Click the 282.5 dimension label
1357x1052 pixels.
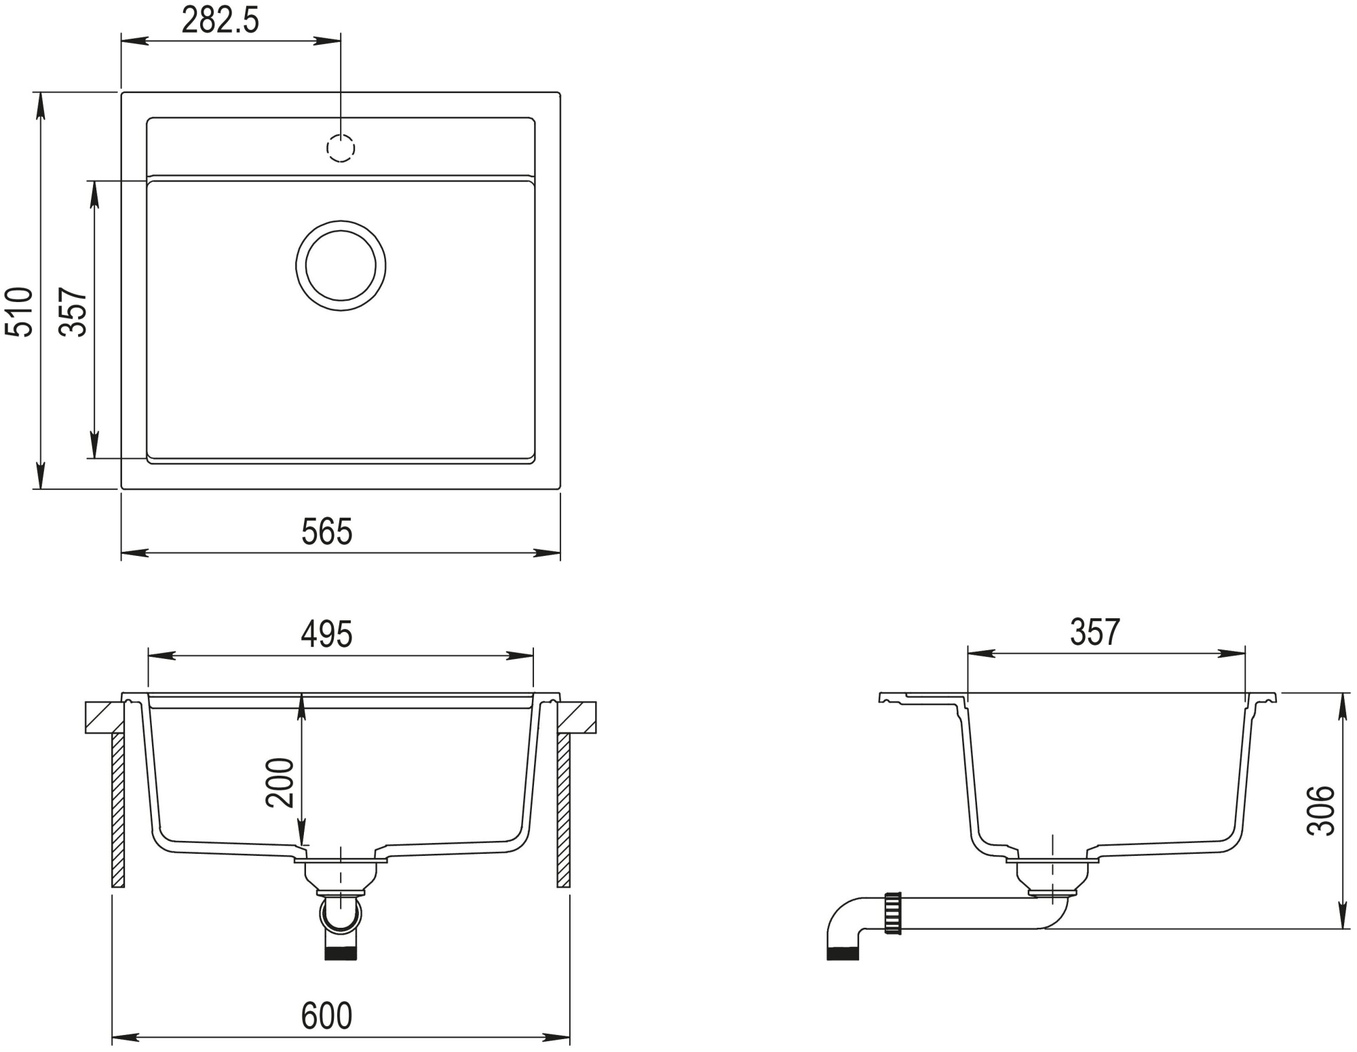(221, 21)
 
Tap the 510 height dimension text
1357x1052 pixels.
(19, 312)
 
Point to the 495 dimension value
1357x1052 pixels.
(327, 634)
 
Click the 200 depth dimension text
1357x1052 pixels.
(280, 783)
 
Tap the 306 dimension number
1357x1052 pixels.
(1320, 810)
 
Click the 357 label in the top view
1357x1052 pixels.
(73, 312)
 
